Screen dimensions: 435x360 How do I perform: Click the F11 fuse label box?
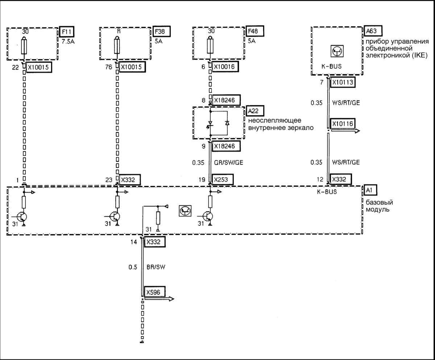(x=67, y=32)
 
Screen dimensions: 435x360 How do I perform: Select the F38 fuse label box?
(x=162, y=32)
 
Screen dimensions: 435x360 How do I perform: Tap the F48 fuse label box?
(x=255, y=31)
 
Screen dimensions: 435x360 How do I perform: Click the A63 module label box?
(x=373, y=31)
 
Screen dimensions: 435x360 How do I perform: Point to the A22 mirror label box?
(x=255, y=111)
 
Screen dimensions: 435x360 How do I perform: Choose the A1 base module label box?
(x=370, y=190)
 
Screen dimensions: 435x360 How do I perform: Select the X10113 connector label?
(x=343, y=82)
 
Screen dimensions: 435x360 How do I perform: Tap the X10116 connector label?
(x=343, y=124)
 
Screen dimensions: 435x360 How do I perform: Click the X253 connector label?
(x=222, y=179)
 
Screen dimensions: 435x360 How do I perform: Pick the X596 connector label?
(x=154, y=292)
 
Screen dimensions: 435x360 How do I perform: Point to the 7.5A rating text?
(x=68, y=41)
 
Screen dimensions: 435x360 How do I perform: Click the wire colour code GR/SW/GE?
(x=228, y=162)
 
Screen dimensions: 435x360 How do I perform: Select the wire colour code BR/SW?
(x=156, y=267)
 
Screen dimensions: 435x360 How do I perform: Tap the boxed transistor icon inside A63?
(x=337, y=51)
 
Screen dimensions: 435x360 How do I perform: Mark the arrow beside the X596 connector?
(x=159, y=299)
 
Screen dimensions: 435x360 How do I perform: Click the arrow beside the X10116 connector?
(x=345, y=131)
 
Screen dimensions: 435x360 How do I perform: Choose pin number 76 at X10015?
(x=109, y=67)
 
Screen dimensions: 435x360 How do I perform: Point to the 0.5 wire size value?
(x=133, y=267)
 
